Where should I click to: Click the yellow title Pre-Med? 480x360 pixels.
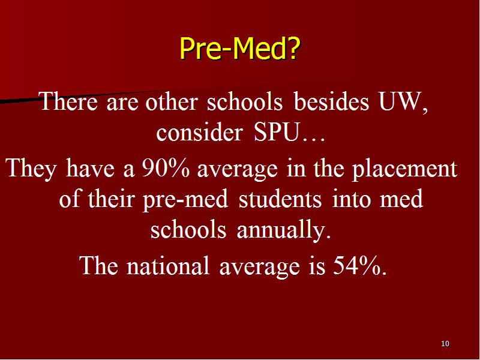(239, 48)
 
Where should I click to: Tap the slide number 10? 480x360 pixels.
(445, 343)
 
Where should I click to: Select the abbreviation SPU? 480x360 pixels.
(276, 132)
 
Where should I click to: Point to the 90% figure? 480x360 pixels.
(166, 168)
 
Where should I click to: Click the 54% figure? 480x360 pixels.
(355, 265)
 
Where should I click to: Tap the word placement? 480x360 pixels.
(404, 169)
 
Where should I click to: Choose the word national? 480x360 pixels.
(168, 265)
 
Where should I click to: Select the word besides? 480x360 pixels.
(331, 101)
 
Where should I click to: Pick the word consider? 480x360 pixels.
(200, 132)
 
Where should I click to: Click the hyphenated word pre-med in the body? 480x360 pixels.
(185, 200)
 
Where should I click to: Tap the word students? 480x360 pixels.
(280, 199)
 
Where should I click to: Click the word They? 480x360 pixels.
(31, 169)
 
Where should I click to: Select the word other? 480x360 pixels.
(172, 101)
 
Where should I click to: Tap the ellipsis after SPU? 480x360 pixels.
(313, 140)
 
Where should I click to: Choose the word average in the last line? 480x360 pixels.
(260, 266)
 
